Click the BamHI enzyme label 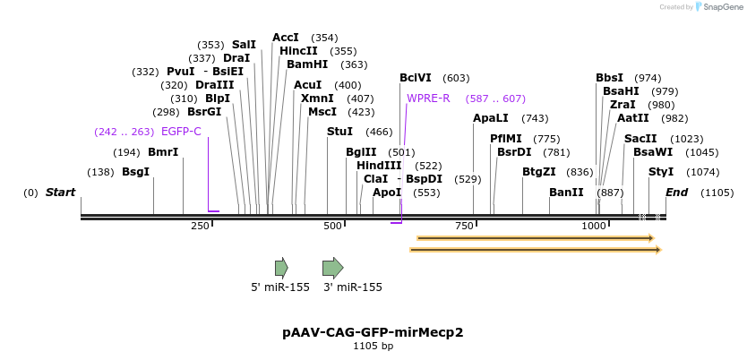pos(307,64)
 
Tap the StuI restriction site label pos(339,132)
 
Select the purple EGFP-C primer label pos(181,132)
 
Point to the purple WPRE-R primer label pos(428,99)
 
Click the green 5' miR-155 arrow pos(281,267)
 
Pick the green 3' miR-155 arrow pos(332,267)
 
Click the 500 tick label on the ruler pos(332,227)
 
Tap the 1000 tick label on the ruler pos(594,227)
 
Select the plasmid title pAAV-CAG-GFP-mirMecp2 pos(373,332)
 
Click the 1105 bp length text pos(373,346)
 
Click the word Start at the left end pos(60,193)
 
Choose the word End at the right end pos(676,193)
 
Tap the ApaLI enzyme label pos(491,118)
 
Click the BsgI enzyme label pos(135,172)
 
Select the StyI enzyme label pos(661,172)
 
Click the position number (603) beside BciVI pos(456,79)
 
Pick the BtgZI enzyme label pos(539,172)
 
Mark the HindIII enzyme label pos(379,166)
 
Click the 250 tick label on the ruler pos(200,227)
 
